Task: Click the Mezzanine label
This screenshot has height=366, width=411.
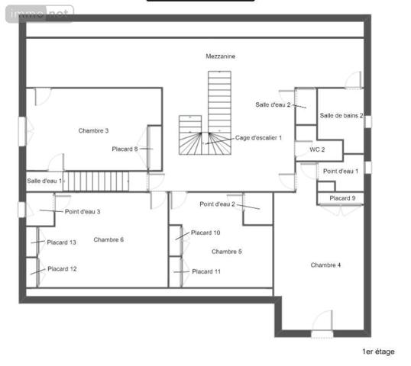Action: coord(220,56)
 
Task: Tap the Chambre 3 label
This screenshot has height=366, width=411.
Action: coord(93,130)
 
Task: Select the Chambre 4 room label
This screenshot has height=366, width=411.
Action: coord(325,265)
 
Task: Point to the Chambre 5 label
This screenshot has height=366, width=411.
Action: coord(226,251)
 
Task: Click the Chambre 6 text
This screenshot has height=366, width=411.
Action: coord(108,239)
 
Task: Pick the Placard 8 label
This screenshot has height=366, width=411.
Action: coord(125,149)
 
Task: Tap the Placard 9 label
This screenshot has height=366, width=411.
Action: coord(342,198)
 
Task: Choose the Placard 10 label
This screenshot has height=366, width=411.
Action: coord(205,233)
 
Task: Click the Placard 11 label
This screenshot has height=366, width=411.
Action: coord(206,271)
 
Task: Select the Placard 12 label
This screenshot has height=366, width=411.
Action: coord(62,269)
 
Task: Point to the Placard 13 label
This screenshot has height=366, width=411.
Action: coord(61,242)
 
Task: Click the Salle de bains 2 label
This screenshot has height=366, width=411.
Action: coord(341,116)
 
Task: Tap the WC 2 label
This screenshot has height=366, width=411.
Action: coord(317,149)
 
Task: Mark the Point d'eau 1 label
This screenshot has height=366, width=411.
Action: coord(341,171)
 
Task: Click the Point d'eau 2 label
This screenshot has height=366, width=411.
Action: coord(218,204)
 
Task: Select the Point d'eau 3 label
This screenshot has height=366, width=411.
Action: coord(83,211)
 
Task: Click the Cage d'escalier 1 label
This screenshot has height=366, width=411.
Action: coord(259,137)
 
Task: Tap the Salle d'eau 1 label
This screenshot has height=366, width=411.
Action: coord(44,181)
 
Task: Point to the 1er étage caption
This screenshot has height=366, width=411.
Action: coord(377,352)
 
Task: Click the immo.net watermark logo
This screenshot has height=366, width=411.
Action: coord(38,12)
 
